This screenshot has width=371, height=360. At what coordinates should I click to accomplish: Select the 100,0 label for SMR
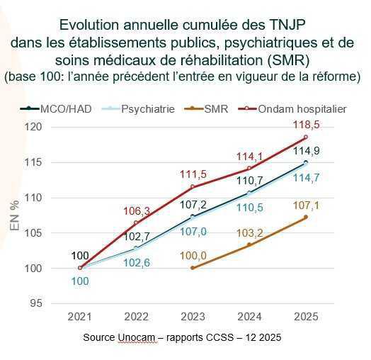(x=193, y=255)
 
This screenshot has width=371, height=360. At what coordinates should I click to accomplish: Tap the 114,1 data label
(x=249, y=156)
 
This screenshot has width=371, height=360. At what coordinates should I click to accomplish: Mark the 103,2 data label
(x=249, y=232)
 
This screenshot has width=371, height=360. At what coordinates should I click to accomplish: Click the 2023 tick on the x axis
(x=193, y=317)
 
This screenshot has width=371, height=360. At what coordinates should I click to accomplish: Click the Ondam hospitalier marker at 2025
(x=306, y=137)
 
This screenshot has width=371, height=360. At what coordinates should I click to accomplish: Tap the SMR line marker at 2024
(x=249, y=244)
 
